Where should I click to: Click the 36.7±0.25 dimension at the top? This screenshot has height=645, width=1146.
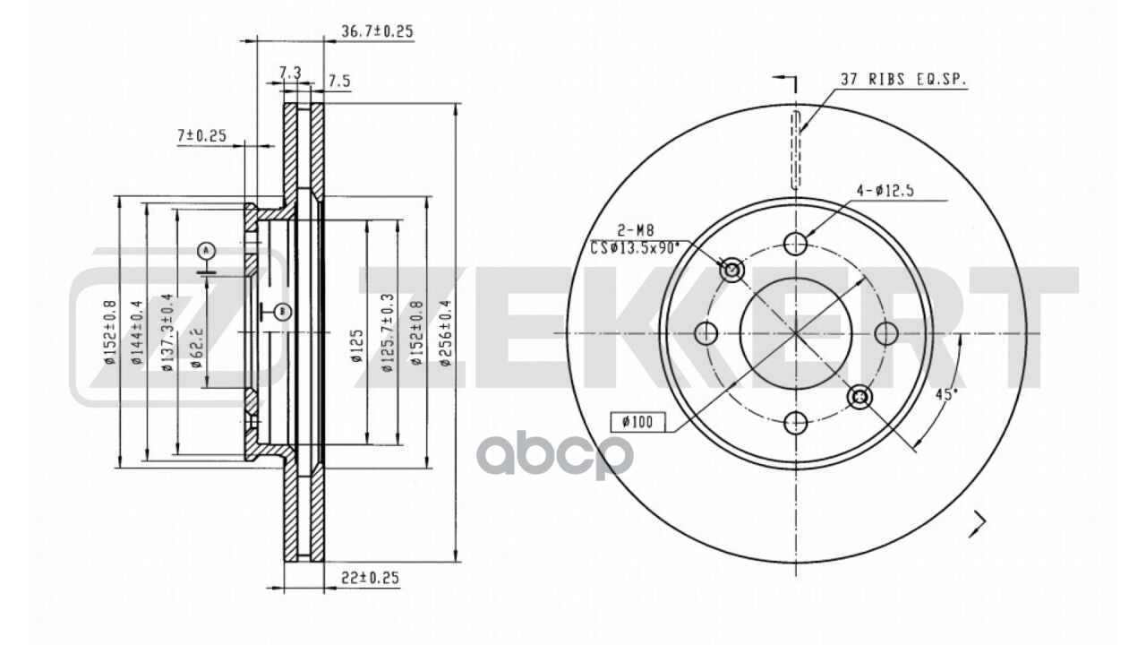pos(376,31)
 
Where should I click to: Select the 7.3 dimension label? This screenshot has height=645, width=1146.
pos(289,72)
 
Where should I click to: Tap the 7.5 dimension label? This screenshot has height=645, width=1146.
pos(338,82)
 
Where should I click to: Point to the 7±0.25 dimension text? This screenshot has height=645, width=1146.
pos(201,136)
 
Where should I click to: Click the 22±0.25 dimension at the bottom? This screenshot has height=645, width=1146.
pos(370,578)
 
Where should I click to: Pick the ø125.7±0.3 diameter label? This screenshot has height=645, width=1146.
pos(387,333)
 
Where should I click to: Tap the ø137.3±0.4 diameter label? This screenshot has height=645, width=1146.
pos(167,333)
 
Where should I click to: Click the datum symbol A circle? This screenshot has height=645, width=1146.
pos(207,249)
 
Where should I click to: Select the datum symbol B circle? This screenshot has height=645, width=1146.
pos(281,311)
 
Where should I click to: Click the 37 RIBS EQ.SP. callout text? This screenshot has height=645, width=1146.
pos(903,80)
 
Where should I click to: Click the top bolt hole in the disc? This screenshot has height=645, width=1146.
pos(796,243)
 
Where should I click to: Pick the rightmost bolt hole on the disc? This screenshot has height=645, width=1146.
pos(885,333)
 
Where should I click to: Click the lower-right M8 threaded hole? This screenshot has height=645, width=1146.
pos(859,396)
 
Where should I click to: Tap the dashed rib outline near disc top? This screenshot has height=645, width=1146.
pos(796,149)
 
